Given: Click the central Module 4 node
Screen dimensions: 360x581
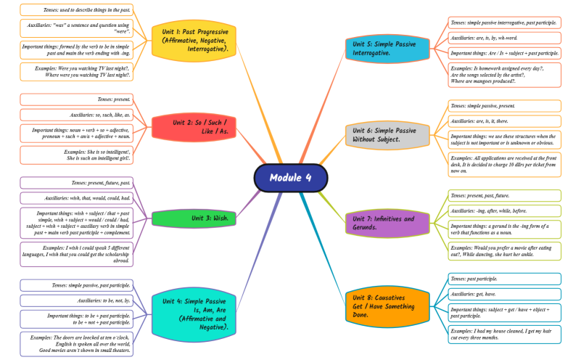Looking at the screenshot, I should [x=291, y=178].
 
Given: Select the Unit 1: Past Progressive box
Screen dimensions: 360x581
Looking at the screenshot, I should [x=195, y=41].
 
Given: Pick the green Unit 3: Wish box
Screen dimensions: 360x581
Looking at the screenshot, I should [x=194, y=218].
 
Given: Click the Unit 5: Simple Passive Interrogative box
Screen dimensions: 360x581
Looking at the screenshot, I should [x=384, y=49].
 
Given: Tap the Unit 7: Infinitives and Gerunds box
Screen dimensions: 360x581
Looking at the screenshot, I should [x=384, y=223].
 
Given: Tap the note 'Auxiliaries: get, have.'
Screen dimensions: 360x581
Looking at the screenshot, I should [x=504, y=294].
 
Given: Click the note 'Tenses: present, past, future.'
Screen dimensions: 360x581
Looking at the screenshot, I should [x=504, y=195].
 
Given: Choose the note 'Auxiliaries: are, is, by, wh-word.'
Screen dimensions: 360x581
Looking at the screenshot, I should [x=504, y=38].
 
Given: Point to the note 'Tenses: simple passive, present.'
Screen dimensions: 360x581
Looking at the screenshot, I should [x=504, y=106].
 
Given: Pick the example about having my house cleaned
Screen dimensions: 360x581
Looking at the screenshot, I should [x=504, y=334].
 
